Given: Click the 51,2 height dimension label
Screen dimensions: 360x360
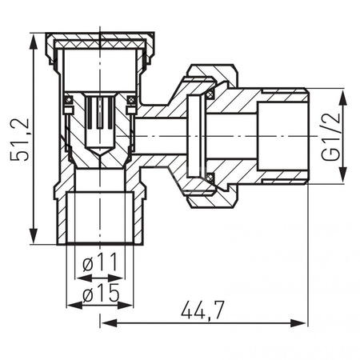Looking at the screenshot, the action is pos(19,139).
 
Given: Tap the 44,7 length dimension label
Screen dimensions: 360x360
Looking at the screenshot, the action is pos(202,310).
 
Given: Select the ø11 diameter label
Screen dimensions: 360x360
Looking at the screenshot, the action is pos(100,262).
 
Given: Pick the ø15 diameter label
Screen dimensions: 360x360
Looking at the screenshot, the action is pos(101,292).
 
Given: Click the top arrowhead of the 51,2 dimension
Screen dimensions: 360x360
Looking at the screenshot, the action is pos(34,42).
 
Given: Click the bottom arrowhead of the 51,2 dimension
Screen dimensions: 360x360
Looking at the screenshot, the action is pos(34,235).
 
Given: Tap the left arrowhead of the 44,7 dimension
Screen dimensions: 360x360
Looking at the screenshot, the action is pos(110,323).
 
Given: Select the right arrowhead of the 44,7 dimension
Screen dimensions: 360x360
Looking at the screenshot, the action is pos(298,323).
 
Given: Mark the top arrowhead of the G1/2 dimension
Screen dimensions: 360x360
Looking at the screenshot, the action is pos(343,98).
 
